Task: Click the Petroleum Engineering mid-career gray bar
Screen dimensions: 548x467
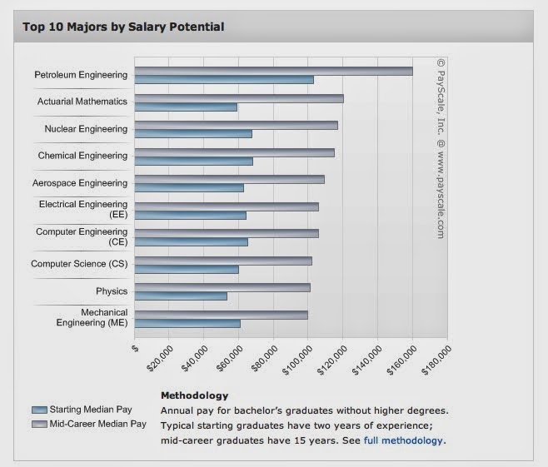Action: point(274,71)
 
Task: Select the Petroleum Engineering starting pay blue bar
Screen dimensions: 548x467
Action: point(224,80)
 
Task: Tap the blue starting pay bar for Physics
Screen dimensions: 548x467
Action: point(181,296)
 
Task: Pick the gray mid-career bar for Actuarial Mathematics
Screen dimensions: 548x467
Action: point(239,98)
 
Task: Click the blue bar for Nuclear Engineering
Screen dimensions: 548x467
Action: point(193,134)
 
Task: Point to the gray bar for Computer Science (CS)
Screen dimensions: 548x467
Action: point(223,261)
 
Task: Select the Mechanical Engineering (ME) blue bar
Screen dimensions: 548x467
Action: point(187,324)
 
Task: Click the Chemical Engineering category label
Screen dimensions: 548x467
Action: point(82,156)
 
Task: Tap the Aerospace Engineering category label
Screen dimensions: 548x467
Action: point(80,183)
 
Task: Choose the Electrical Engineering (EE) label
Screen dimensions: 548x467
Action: point(83,209)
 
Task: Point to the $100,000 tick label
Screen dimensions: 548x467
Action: point(298,360)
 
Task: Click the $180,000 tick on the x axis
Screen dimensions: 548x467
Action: point(437,360)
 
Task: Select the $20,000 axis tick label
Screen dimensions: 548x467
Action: point(160,359)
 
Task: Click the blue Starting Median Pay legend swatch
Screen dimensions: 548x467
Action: point(39,410)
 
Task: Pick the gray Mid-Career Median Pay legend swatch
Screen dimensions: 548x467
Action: point(39,424)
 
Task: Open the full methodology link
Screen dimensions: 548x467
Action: point(403,440)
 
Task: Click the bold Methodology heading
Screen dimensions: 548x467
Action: point(194,395)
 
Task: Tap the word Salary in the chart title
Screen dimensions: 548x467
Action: point(147,27)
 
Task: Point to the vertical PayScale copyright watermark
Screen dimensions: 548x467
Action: point(441,149)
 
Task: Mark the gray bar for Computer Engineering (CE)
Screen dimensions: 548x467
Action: point(227,233)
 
